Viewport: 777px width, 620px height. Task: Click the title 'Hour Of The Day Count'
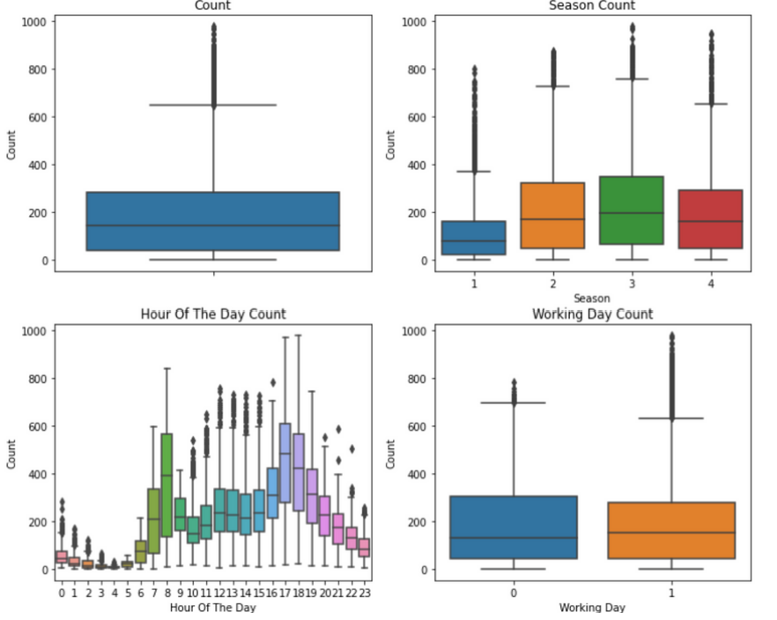click(x=213, y=314)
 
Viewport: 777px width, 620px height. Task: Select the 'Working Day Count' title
click(x=592, y=314)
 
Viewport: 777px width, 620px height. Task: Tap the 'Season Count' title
click(x=592, y=5)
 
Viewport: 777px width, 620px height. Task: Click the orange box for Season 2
click(x=552, y=215)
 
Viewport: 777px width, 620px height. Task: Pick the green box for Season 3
click(x=632, y=210)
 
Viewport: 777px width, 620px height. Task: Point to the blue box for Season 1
click(x=473, y=238)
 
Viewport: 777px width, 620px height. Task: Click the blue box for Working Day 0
click(x=514, y=527)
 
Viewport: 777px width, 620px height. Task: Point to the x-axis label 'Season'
click(x=592, y=299)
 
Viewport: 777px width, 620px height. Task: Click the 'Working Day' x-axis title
click(x=592, y=608)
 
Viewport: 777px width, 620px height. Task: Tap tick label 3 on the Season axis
click(x=632, y=284)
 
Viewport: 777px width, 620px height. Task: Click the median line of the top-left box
click(x=213, y=225)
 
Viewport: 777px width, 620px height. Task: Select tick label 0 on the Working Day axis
click(x=514, y=593)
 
